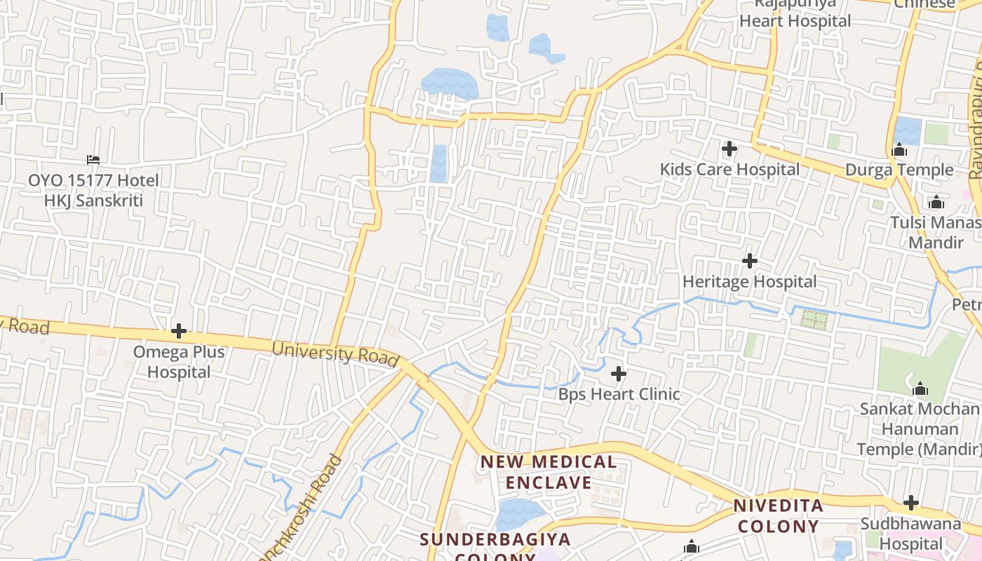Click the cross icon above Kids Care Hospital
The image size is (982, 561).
tap(729, 149)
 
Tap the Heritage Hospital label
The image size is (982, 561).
tap(750, 282)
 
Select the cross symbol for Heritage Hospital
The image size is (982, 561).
tap(750, 261)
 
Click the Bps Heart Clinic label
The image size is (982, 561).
tap(619, 394)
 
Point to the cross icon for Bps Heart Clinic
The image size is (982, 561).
tap(619, 374)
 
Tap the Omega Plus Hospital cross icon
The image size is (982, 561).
tap(179, 330)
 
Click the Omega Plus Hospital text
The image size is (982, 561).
tap(179, 362)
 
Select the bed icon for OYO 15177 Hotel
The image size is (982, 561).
tap(93, 160)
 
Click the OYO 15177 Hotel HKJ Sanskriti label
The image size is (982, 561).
tap(93, 191)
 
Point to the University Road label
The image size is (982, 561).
tap(335, 353)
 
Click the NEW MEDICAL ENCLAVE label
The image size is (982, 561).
tap(549, 472)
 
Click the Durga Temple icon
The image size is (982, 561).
tap(899, 149)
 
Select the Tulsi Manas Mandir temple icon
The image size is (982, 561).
tap(936, 203)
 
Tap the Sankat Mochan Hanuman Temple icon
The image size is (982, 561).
tap(920, 389)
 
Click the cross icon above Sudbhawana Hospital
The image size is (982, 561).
tap(911, 503)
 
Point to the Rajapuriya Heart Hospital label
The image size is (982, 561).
tap(795, 14)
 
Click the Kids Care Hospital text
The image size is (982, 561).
tap(729, 170)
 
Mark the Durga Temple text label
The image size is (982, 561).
tap(899, 170)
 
